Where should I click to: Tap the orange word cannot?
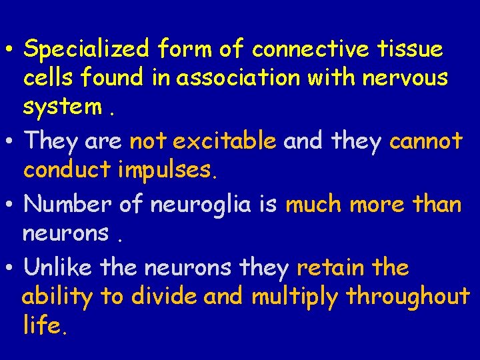click(x=425, y=141)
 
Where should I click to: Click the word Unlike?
click(x=58, y=267)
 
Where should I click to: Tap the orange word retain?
click(x=330, y=267)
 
